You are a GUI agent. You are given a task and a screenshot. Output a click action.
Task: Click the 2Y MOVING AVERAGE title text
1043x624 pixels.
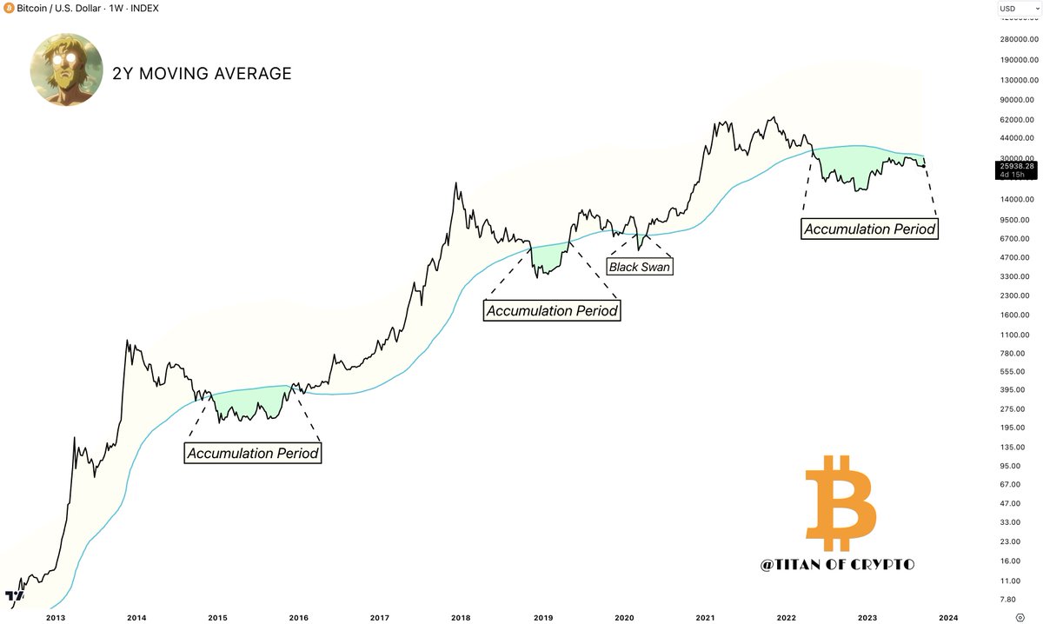[x=202, y=74]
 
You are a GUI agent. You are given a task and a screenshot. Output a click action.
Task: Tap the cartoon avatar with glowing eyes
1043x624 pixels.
[x=66, y=70]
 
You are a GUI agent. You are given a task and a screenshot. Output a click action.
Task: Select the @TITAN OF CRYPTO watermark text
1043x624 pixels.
[x=837, y=564]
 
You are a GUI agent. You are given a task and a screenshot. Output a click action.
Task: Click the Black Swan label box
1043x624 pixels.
[x=639, y=267]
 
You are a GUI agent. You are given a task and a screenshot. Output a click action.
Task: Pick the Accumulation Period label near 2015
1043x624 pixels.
[x=253, y=453]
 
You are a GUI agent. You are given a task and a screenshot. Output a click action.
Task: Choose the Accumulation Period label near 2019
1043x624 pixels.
[x=552, y=310]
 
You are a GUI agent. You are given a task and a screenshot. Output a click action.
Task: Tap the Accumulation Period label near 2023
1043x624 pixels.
[x=869, y=229]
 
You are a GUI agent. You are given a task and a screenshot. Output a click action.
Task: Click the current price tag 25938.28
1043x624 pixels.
[x=1016, y=166]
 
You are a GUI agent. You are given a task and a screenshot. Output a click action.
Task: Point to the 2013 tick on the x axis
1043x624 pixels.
[x=55, y=616]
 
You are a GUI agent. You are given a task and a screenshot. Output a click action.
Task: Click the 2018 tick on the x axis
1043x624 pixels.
[x=461, y=616]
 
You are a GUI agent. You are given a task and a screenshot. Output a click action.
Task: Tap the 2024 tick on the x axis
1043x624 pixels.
[x=948, y=616]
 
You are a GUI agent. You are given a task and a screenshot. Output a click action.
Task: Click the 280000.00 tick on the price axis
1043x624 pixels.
[x=1015, y=40]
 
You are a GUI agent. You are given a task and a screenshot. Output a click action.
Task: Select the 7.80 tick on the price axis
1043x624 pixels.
[x=1008, y=600]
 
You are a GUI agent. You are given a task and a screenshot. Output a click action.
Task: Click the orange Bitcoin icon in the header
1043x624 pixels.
[x=9, y=7]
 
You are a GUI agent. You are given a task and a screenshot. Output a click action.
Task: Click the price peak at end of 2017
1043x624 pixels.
[x=455, y=185]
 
